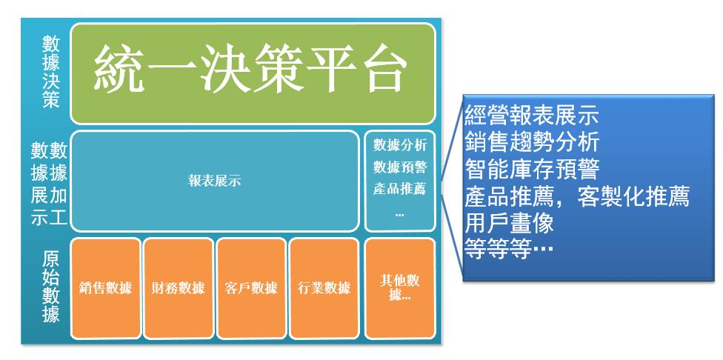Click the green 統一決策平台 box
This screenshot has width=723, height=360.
253,74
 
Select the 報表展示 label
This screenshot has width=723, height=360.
214,181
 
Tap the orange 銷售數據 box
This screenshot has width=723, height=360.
106,288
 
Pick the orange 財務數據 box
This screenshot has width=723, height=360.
179,288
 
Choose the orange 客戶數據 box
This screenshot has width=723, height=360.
251,288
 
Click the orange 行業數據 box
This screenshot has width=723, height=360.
324,288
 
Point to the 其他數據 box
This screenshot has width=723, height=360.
400,288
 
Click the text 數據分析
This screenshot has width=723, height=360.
400,145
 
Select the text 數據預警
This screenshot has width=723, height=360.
400,167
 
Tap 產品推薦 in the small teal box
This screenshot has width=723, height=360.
400,189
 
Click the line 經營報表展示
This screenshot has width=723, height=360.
532,116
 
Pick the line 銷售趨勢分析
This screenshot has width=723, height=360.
532,142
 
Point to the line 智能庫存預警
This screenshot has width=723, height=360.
532,169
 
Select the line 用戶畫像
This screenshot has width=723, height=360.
509,224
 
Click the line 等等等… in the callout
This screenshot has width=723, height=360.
509,250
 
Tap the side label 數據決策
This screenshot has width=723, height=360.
51,72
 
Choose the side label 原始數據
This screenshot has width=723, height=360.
50,287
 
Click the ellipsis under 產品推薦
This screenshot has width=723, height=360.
400,214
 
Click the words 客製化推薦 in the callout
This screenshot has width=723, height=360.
633,197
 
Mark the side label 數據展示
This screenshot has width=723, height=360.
40,184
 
